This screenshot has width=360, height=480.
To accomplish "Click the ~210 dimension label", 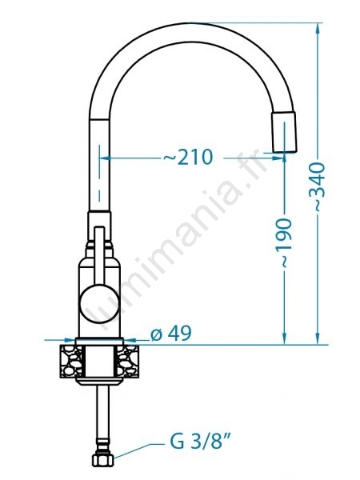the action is coord(188,157).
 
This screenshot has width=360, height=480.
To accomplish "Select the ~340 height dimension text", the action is coord(317,187).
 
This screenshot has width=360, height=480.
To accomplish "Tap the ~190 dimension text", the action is coord(283,243).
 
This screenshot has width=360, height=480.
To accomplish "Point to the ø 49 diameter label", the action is coord(171,333).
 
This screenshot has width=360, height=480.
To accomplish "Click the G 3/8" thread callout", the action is coord(201,442).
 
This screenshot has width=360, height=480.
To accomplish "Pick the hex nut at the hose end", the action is coord(103,460).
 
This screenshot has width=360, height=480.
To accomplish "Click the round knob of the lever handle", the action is coord(99,303).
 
